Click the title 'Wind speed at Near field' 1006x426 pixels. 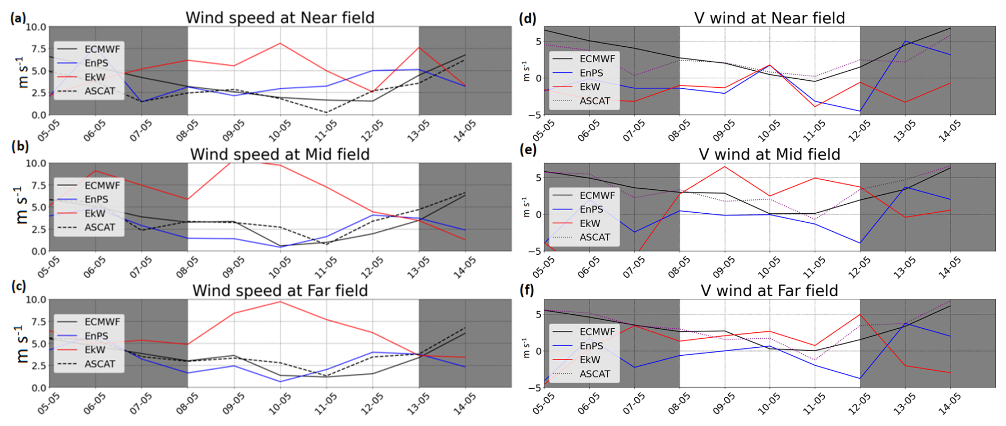pos(280,18)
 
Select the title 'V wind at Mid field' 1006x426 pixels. pos(769,154)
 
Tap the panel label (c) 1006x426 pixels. pos(19,287)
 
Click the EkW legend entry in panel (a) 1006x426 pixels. pos(95,77)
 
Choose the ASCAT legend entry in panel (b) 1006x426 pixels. pos(99,228)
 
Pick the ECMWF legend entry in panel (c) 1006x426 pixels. pos(102,322)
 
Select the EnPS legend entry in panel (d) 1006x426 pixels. pos(591,73)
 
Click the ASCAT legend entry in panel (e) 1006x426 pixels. pos(594,237)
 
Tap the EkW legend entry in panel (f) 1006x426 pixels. pos(590,360)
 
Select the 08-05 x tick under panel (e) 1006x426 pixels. pos(678,268)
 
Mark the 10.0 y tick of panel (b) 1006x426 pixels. pos(36,163)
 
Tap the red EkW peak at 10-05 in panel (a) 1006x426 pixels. pos(280,44)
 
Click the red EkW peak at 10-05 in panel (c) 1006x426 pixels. pos(280,302)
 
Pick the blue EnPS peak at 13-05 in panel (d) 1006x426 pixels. pos(905,41)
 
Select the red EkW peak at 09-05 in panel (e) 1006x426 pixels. pos(724,166)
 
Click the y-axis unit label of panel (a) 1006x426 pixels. pos(23,71)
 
